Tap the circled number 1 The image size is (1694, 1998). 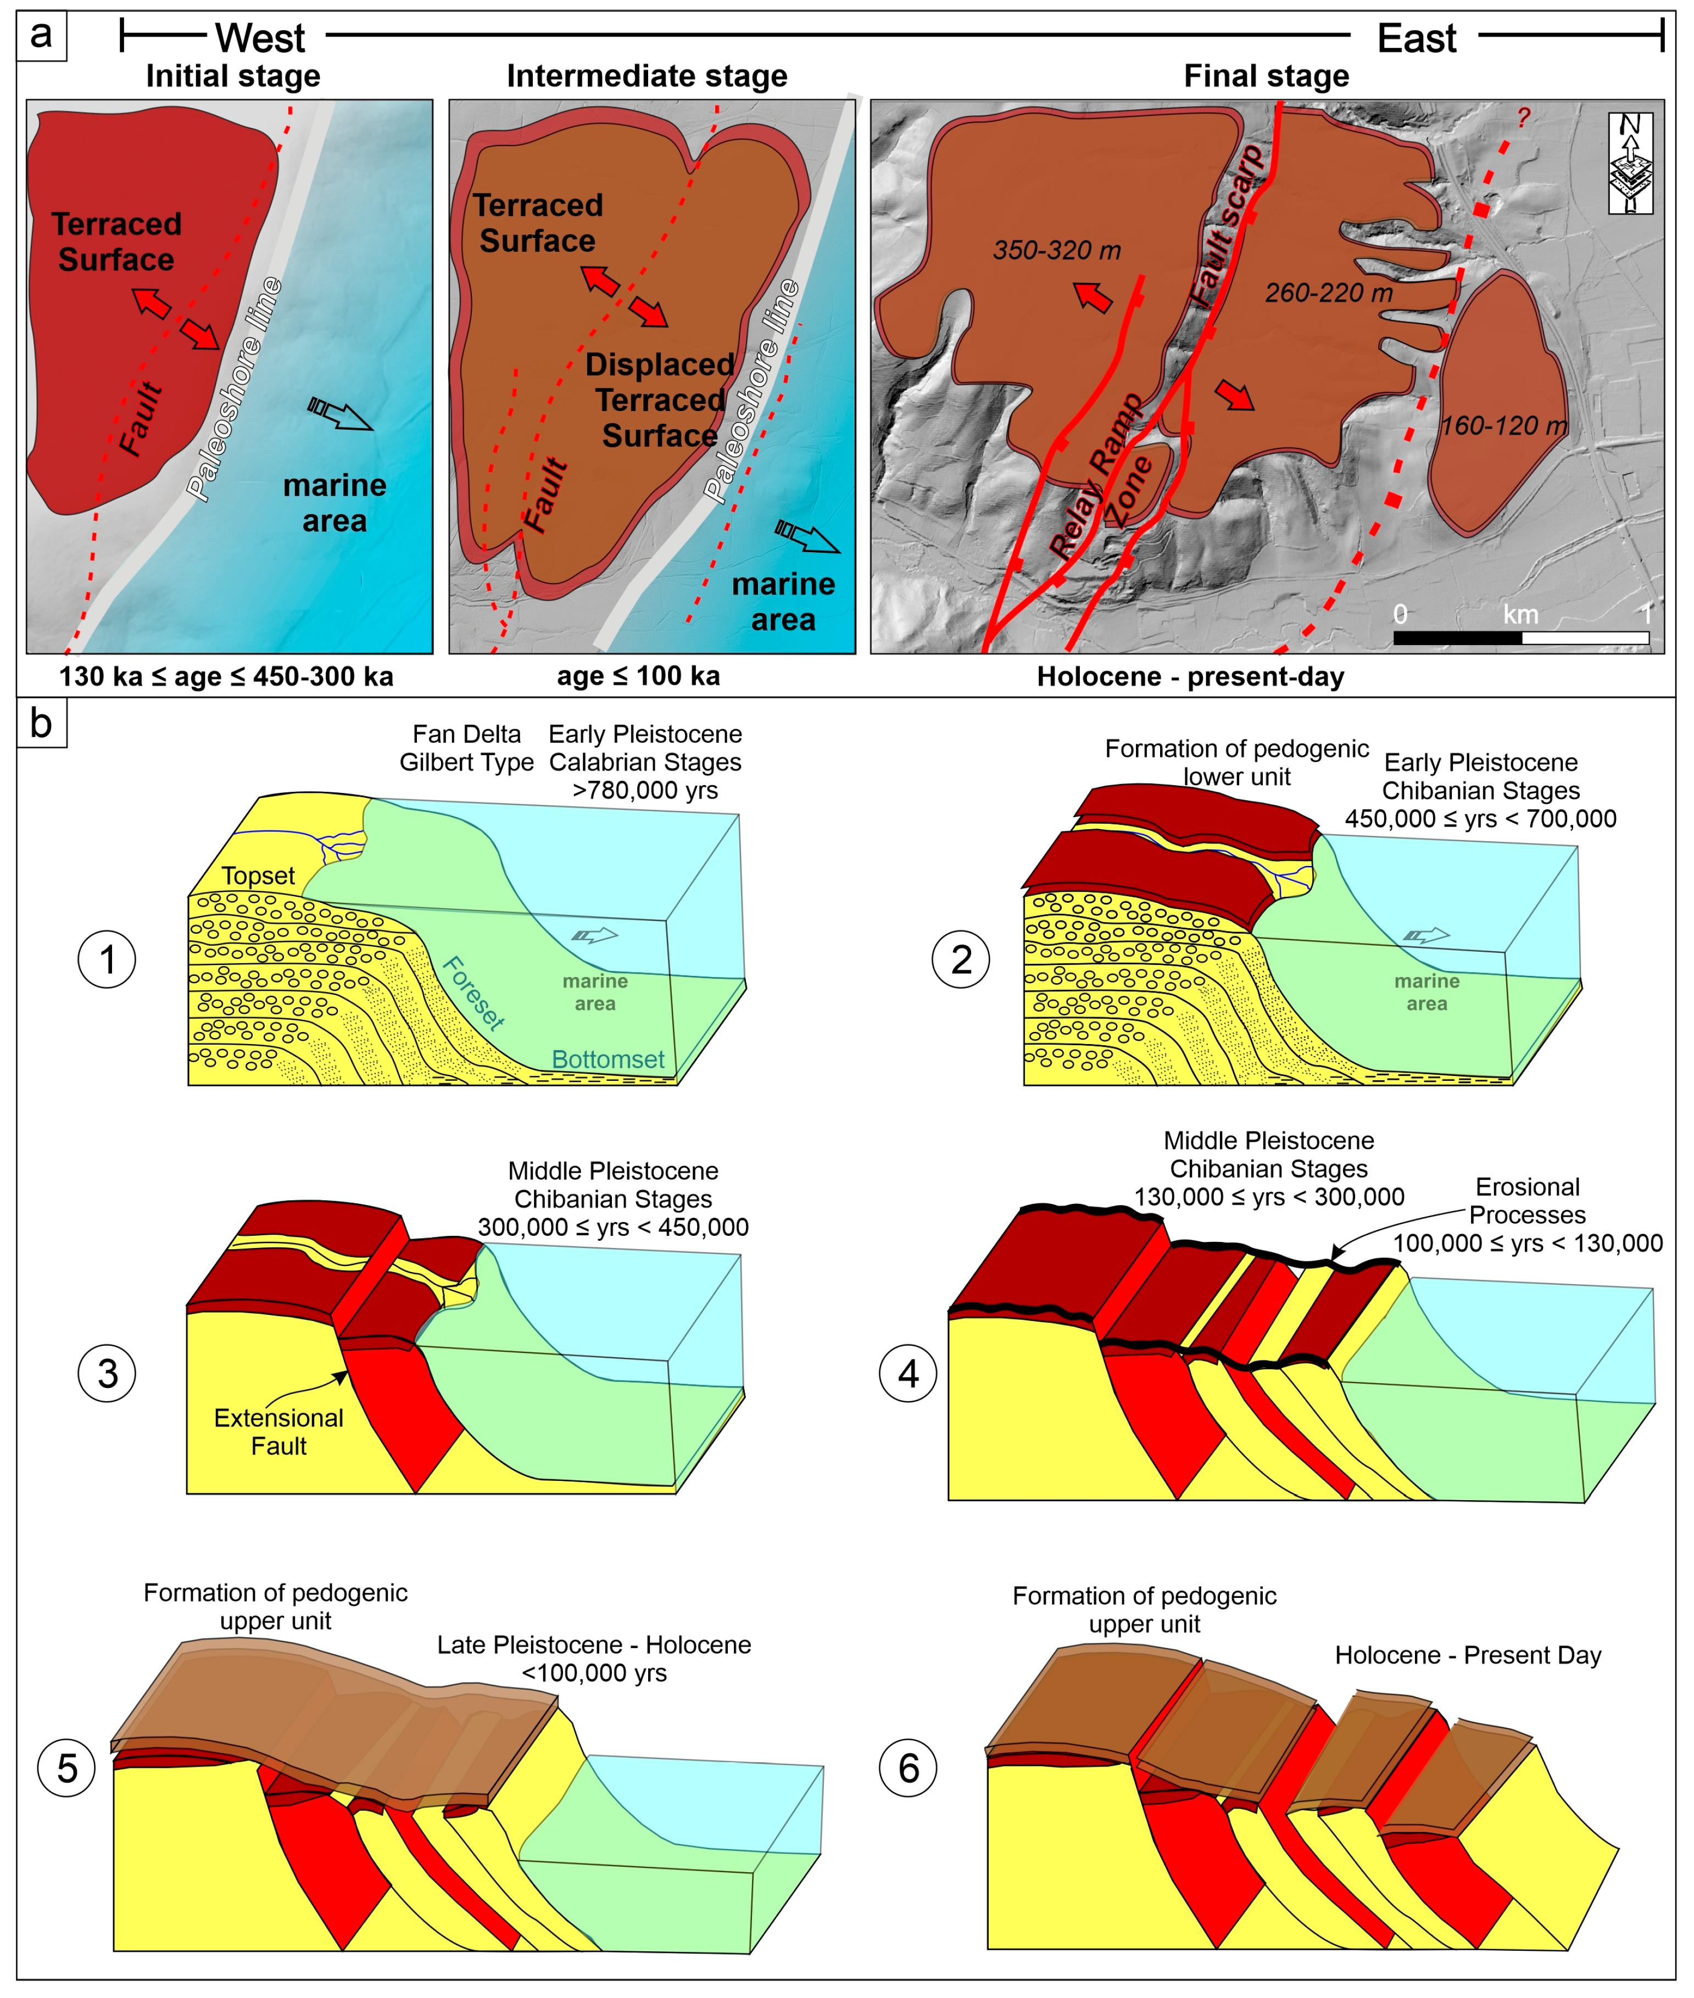[x=107, y=959]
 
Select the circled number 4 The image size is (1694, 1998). [x=907, y=1374]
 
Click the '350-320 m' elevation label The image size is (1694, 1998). [x=1056, y=251]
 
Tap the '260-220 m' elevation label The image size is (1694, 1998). [x=1328, y=293]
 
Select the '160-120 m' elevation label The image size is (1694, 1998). [x=1503, y=425]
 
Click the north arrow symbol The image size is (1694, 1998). [x=1630, y=162]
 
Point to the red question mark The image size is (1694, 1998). [x=1523, y=117]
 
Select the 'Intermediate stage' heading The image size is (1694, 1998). [x=647, y=76]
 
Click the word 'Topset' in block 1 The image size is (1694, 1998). [x=258, y=876]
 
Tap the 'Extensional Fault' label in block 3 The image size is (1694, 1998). [x=278, y=1431]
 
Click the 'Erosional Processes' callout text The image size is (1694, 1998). [x=1527, y=1201]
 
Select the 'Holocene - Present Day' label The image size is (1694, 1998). [x=1467, y=1655]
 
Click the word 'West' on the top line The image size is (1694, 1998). [x=259, y=38]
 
